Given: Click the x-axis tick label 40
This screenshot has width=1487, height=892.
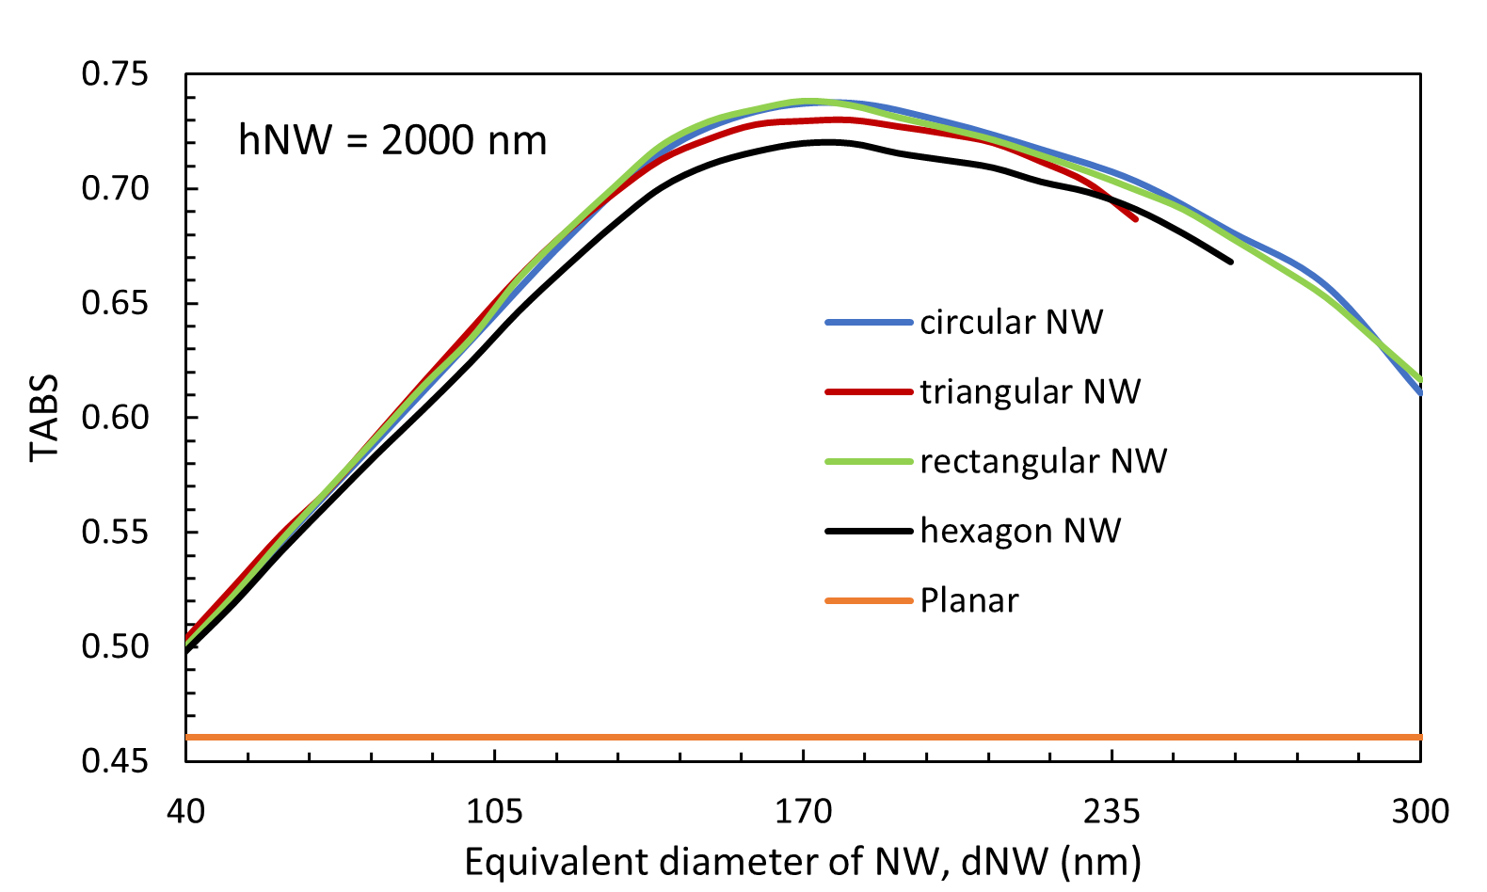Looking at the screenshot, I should tap(185, 810).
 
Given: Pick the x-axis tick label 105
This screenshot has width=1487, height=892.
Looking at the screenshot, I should tap(494, 810).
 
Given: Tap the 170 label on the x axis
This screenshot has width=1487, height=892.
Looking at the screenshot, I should tap(803, 810).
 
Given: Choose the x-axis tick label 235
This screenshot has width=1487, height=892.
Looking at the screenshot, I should tap(1111, 810).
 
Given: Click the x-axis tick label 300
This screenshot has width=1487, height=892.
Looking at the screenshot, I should tap(1420, 810).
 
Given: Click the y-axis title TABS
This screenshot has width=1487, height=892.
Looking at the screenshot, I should tap(44, 418).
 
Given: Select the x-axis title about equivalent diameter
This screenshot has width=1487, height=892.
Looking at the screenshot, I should tap(802, 862).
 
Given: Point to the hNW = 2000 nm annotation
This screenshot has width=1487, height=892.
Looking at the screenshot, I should tap(392, 141).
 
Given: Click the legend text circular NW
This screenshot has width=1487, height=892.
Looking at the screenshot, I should tap(1011, 323).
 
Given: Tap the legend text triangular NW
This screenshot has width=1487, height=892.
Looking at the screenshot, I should tap(1030, 392).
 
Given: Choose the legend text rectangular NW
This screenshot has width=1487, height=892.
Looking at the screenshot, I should tap(1043, 462).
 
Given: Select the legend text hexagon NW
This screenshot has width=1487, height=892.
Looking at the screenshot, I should tap(1020, 532).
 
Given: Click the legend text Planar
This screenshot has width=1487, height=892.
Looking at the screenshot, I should tap(969, 601).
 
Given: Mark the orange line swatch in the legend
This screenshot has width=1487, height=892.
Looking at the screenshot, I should tap(869, 601).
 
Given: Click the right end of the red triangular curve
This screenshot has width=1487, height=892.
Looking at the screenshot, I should tap(1136, 219).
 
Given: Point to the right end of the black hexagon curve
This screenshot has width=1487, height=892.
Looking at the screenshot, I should tap(1231, 261).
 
